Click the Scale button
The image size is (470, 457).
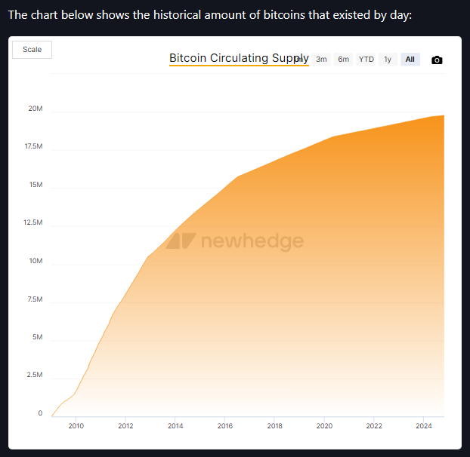(32, 50)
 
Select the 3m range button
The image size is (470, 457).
(321, 60)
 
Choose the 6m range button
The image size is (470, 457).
(344, 60)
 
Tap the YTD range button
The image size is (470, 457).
(366, 60)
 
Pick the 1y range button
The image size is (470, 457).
(388, 60)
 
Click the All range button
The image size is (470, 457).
(410, 60)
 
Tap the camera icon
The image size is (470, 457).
(437, 60)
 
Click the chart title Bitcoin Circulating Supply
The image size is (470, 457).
(238, 58)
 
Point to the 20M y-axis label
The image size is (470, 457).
(35, 109)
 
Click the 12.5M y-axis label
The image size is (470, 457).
(33, 222)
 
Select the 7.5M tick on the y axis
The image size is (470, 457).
(35, 299)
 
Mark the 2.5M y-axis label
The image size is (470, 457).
(35, 375)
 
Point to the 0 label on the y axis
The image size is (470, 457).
(40, 413)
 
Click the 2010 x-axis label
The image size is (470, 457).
(76, 426)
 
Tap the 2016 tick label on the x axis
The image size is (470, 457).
(225, 426)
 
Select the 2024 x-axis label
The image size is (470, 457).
(423, 426)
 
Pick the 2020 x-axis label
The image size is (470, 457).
(324, 426)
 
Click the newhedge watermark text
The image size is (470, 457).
(252, 241)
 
